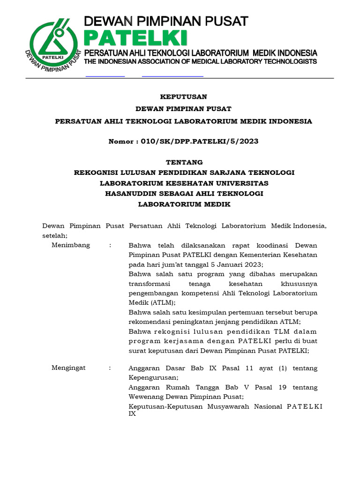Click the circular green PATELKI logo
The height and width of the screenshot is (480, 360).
[x=53, y=43]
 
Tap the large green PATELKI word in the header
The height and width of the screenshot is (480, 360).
[x=135, y=37]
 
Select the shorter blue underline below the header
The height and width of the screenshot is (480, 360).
[x=105, y=76]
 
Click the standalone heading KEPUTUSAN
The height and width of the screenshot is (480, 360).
[x=183, y=97]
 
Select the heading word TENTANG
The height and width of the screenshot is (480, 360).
[x=183, y=162]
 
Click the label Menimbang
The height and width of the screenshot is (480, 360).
[x=71, y=245]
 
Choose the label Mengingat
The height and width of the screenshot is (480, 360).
[x=69, y=368]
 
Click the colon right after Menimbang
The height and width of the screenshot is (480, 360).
[x=110, y=245]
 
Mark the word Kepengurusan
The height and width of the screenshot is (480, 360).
[x=152, y=377]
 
